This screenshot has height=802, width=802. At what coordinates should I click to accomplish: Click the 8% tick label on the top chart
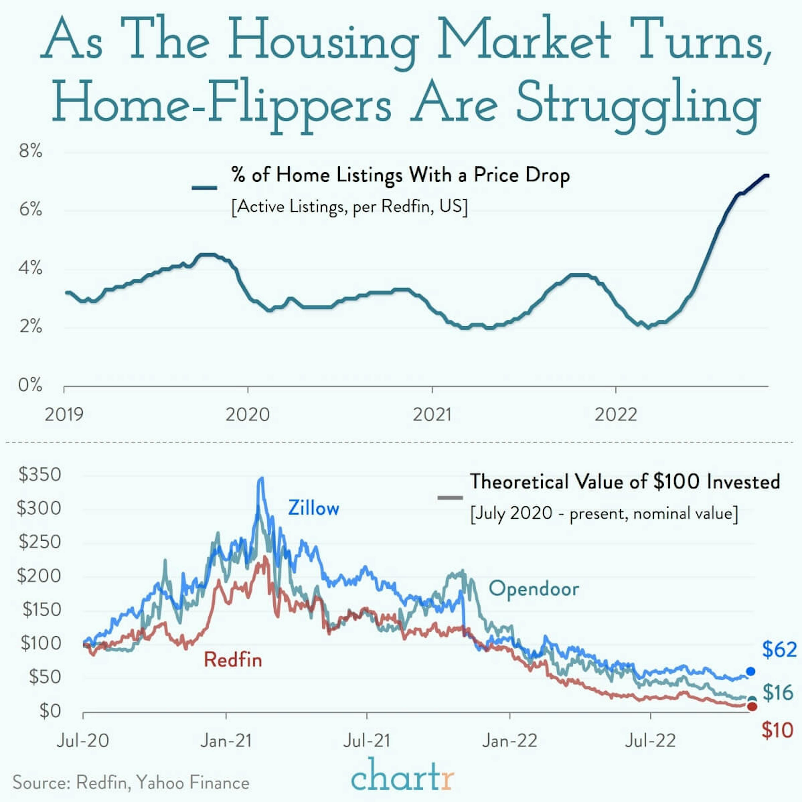30,151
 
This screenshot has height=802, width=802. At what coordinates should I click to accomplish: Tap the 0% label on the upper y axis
30,385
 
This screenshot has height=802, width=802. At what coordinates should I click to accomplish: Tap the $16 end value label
778,692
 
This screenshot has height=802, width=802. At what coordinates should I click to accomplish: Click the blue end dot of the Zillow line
751,671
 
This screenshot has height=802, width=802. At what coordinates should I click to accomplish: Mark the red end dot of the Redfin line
752,707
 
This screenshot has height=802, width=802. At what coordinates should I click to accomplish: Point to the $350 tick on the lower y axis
39,475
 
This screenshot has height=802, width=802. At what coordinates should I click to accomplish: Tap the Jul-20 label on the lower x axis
83,741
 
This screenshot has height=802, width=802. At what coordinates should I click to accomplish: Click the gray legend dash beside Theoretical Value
450,498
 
